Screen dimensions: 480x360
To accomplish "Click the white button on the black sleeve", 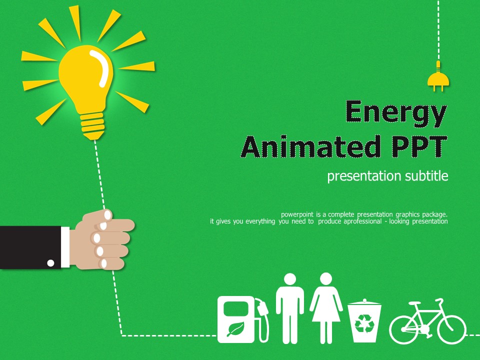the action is click(50, 262).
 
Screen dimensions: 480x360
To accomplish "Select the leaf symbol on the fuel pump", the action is click(235, 329).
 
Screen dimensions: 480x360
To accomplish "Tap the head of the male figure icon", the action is click(289, 279).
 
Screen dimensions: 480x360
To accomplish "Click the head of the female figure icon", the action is click(326, 279).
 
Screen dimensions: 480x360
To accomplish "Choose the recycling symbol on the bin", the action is click(364, 323).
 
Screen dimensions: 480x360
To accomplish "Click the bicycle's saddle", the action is click(414, 303).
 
